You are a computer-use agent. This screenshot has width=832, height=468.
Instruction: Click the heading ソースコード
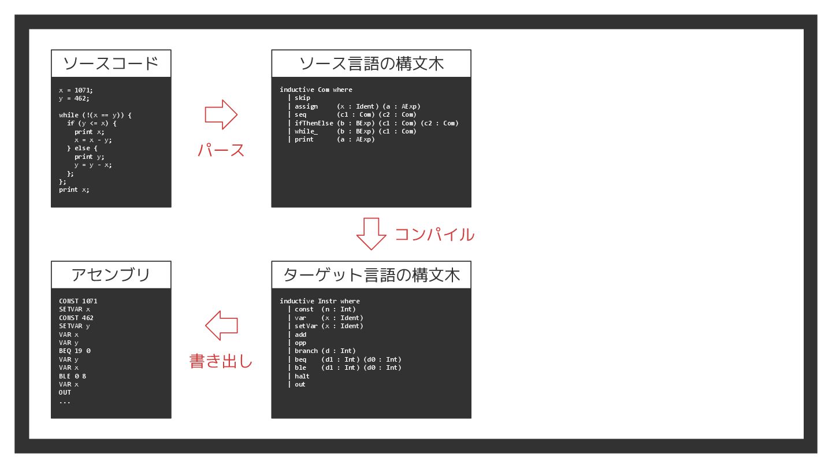point(111,63)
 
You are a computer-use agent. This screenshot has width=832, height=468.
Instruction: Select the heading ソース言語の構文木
point(371,63)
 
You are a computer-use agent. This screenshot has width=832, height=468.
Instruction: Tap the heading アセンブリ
point(111,274)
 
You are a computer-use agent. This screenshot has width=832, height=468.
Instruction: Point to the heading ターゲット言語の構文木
point(371,274)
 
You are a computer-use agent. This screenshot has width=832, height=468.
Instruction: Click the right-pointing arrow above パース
point(221,114)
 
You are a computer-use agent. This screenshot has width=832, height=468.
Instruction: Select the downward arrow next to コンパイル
point(371,233)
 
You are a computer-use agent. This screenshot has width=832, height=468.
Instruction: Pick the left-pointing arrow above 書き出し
point(221,326)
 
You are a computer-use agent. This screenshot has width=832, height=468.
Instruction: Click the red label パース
point(221,150)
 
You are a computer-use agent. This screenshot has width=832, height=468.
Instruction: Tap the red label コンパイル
point(434,235)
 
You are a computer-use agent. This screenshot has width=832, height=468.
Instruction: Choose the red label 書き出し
point(221,362)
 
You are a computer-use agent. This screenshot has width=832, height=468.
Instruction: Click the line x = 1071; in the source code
point(76,90)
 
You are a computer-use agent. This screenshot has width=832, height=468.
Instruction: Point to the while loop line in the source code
point(95,115)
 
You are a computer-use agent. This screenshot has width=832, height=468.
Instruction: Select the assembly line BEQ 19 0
point(75,351)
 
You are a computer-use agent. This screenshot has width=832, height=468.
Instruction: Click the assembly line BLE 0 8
point(72,376)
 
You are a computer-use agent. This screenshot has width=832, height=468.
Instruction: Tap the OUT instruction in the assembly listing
point(65,393)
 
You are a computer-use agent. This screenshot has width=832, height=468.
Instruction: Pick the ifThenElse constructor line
point(376,123)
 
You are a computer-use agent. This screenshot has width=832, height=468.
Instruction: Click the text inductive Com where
point(315,90)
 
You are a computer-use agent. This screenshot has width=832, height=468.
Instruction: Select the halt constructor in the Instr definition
point(302,376)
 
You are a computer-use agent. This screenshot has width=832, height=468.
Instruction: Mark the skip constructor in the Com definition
point(302,98)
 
